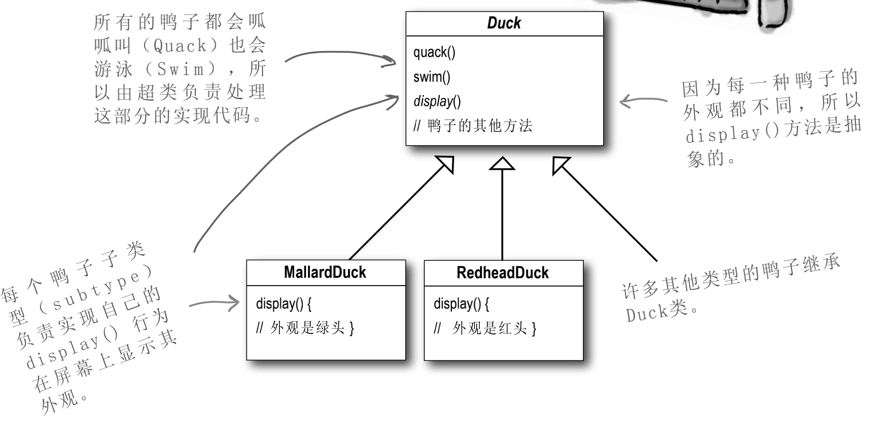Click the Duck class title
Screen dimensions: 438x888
[504, 23]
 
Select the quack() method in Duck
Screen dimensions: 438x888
[434, 52]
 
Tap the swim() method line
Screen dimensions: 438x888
[432, 77]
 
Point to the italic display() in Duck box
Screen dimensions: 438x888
[437, 101]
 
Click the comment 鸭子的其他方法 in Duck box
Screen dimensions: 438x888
[479, 125]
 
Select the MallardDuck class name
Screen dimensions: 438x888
[325, 272]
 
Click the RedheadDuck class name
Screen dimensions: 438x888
[502, 273]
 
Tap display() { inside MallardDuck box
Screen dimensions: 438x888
[283, 303]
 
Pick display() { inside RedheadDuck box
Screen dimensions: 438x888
[461, 303]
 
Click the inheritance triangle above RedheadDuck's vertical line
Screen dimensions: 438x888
[502, 164]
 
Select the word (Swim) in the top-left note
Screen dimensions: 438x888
[180, 69]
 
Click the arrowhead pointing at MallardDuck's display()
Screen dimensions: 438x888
[234, 303]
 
